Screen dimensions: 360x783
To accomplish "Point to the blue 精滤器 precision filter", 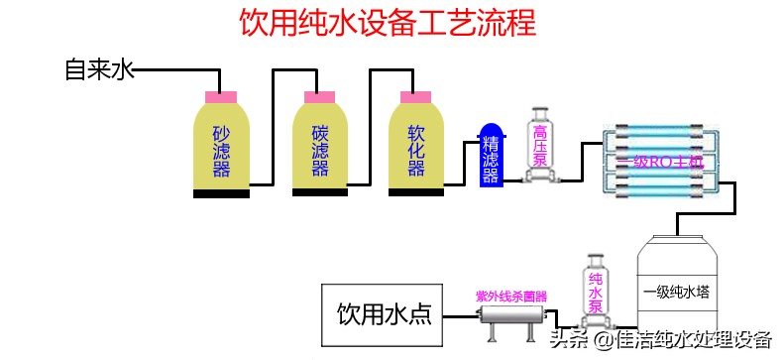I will (x=490, y=157).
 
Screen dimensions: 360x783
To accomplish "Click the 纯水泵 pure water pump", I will (x=596, y=293).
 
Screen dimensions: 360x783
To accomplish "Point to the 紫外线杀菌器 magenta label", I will (x=511, y=296).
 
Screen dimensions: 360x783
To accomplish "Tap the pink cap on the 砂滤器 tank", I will (x=221, y=95).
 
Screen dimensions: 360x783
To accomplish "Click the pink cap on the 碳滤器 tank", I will (x=319, y=95).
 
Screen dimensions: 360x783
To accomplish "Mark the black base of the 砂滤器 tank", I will (x=221, y=192).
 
